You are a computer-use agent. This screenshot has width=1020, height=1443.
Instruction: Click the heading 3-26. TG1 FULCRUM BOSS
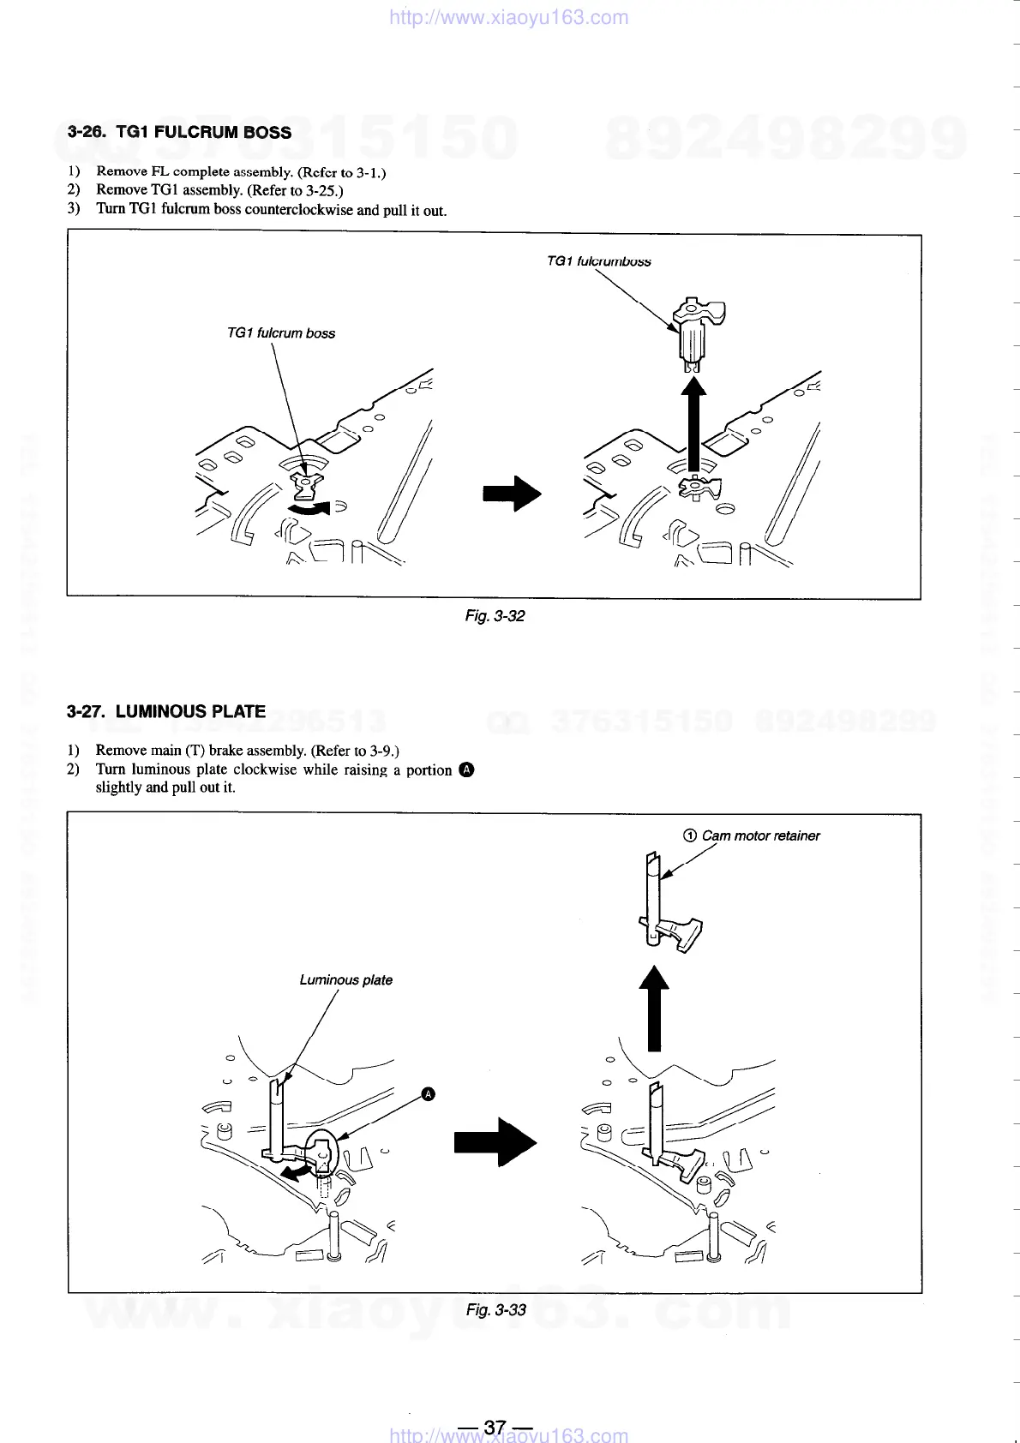pyautogui.click(x=179, y=133)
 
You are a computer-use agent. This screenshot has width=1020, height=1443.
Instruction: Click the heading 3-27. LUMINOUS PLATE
pyautogui.click(x=166, y=711)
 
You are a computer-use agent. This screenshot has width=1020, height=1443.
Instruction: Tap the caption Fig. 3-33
pyautogui.click(x=495, y=1310)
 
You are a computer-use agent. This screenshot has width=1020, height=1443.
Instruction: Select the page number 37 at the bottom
pyautogui.click(x=495, y=1427)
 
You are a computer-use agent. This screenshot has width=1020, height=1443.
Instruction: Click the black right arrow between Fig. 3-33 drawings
pyautogui.click(x=495, y=1141)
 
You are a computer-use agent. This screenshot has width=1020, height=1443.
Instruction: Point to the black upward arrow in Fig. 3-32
pyautogui.click(x=694, y=424)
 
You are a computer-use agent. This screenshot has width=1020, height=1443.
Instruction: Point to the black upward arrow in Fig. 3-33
pyautogui.click(x=654, y=1008)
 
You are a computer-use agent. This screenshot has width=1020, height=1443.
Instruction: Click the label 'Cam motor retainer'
pyautogui.click(x=760, y=835)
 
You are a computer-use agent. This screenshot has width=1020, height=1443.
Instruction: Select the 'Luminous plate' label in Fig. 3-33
pyautogui.click(x=345, y=980)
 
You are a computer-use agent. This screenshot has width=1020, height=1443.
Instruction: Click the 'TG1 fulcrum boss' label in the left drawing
pyautogui.click(x=280, y=333)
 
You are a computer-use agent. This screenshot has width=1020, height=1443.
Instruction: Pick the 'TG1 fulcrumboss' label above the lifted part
pyautogui.click(x=598, y=261)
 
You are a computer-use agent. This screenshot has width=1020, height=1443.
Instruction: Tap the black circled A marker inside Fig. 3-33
pyautogui.click(x=429, y=1094)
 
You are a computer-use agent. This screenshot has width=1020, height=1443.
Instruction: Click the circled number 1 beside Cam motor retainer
pyautogui.click(x=689, y=835)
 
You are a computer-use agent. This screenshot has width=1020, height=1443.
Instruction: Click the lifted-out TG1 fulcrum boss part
pyautogui.click(x=698, y=332)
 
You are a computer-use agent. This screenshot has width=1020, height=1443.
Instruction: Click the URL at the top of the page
pyautogui.click(x=508, y=17)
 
